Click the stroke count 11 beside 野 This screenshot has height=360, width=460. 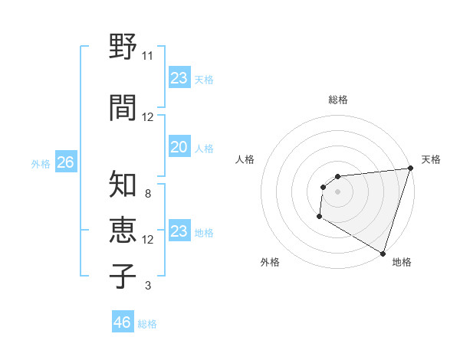147,56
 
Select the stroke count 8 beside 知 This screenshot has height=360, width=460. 147,194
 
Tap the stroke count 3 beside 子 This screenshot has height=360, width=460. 147,286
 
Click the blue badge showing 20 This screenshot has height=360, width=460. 179,148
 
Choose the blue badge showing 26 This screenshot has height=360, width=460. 65,162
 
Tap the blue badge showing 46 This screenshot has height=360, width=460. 123,322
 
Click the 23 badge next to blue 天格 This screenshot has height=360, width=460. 179,78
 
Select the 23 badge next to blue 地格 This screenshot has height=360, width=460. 179,232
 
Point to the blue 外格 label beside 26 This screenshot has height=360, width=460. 41,163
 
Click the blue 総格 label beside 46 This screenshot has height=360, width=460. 147,324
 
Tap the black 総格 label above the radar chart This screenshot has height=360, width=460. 338,100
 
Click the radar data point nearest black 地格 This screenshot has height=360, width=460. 383,254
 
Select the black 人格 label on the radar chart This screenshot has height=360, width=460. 245,159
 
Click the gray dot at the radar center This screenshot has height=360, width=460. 337,192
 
